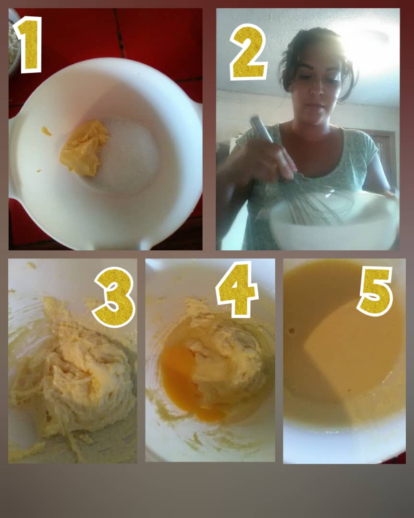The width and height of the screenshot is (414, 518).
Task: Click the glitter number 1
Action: point(29,45)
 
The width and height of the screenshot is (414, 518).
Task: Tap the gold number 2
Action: point(248,52)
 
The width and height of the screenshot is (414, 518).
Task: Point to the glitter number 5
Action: point(375,291)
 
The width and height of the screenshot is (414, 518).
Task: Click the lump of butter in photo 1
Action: point(84,148)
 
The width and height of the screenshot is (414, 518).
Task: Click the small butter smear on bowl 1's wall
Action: point(46,131)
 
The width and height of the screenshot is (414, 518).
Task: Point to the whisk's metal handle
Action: point(261,130)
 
